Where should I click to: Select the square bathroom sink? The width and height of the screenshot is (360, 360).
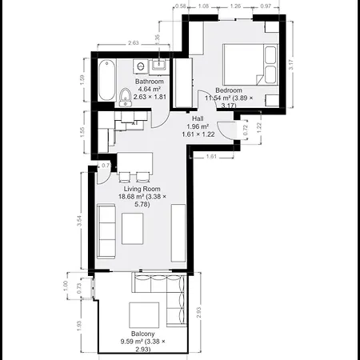tap(160, 63)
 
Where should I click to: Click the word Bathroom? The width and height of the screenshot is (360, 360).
tap(150, 82)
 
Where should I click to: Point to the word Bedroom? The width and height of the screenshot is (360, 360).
tap(230, 90)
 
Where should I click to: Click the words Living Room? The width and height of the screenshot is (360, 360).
tap(130, 188)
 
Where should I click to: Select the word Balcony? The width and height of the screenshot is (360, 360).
tap(143, 334)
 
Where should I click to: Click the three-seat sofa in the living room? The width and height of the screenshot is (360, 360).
tap(105, 230)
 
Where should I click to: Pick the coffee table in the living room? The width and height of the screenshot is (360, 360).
tap(134, 229)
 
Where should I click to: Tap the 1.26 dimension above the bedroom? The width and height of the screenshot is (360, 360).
tap(235, 7)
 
